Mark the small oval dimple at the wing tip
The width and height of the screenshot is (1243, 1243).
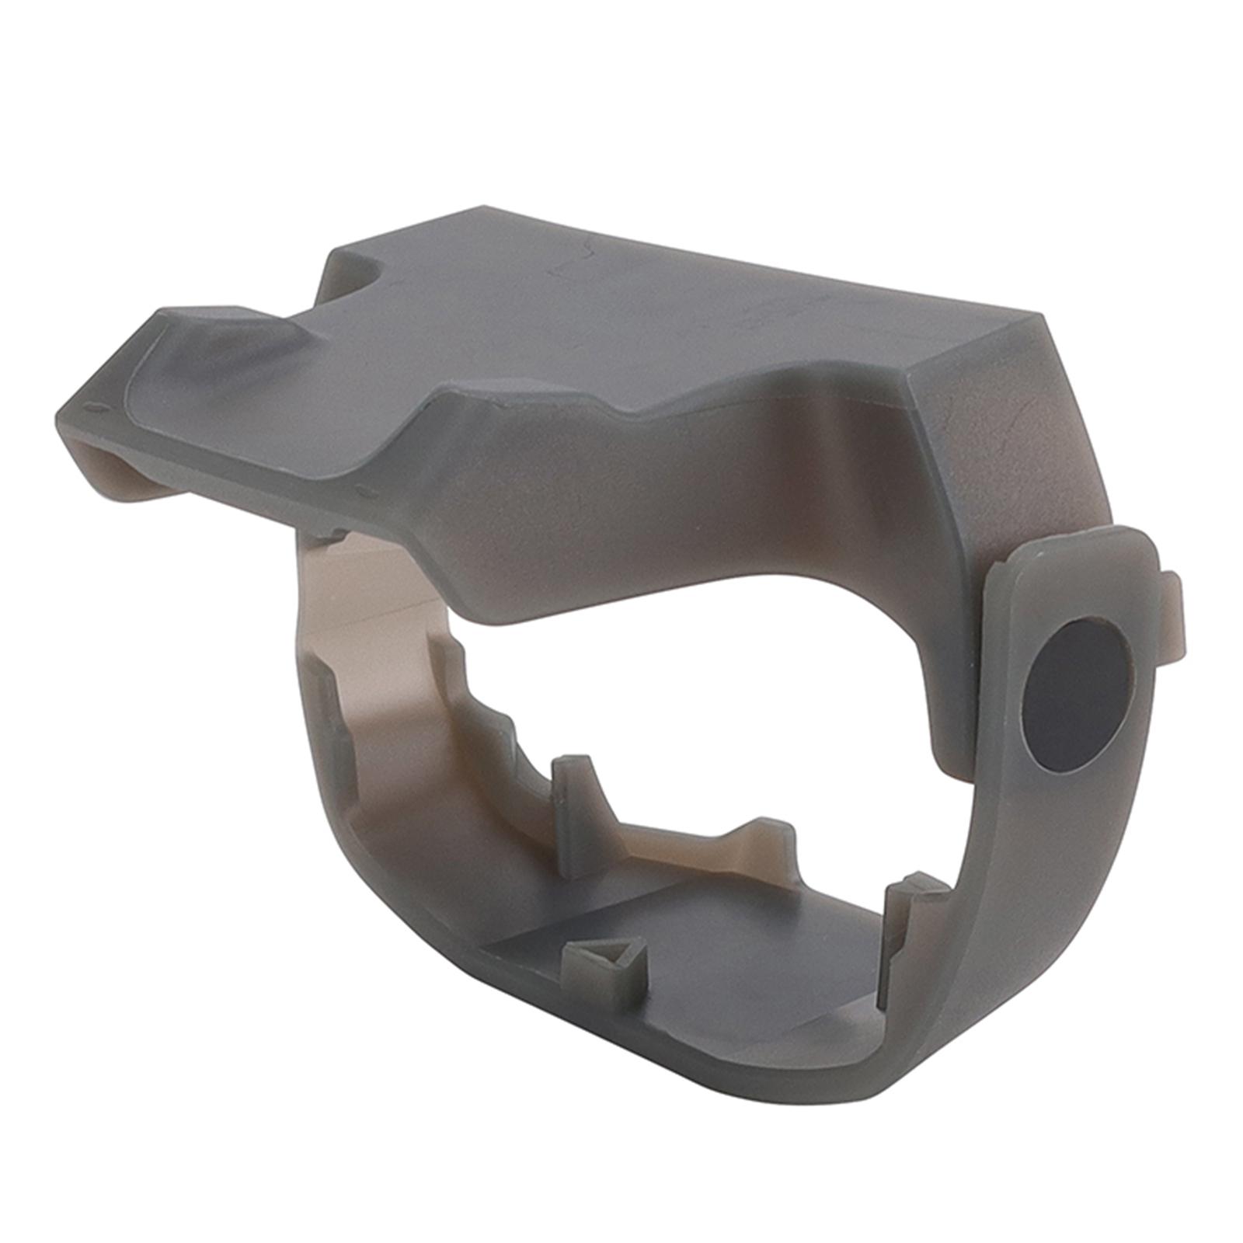point(97,407)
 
